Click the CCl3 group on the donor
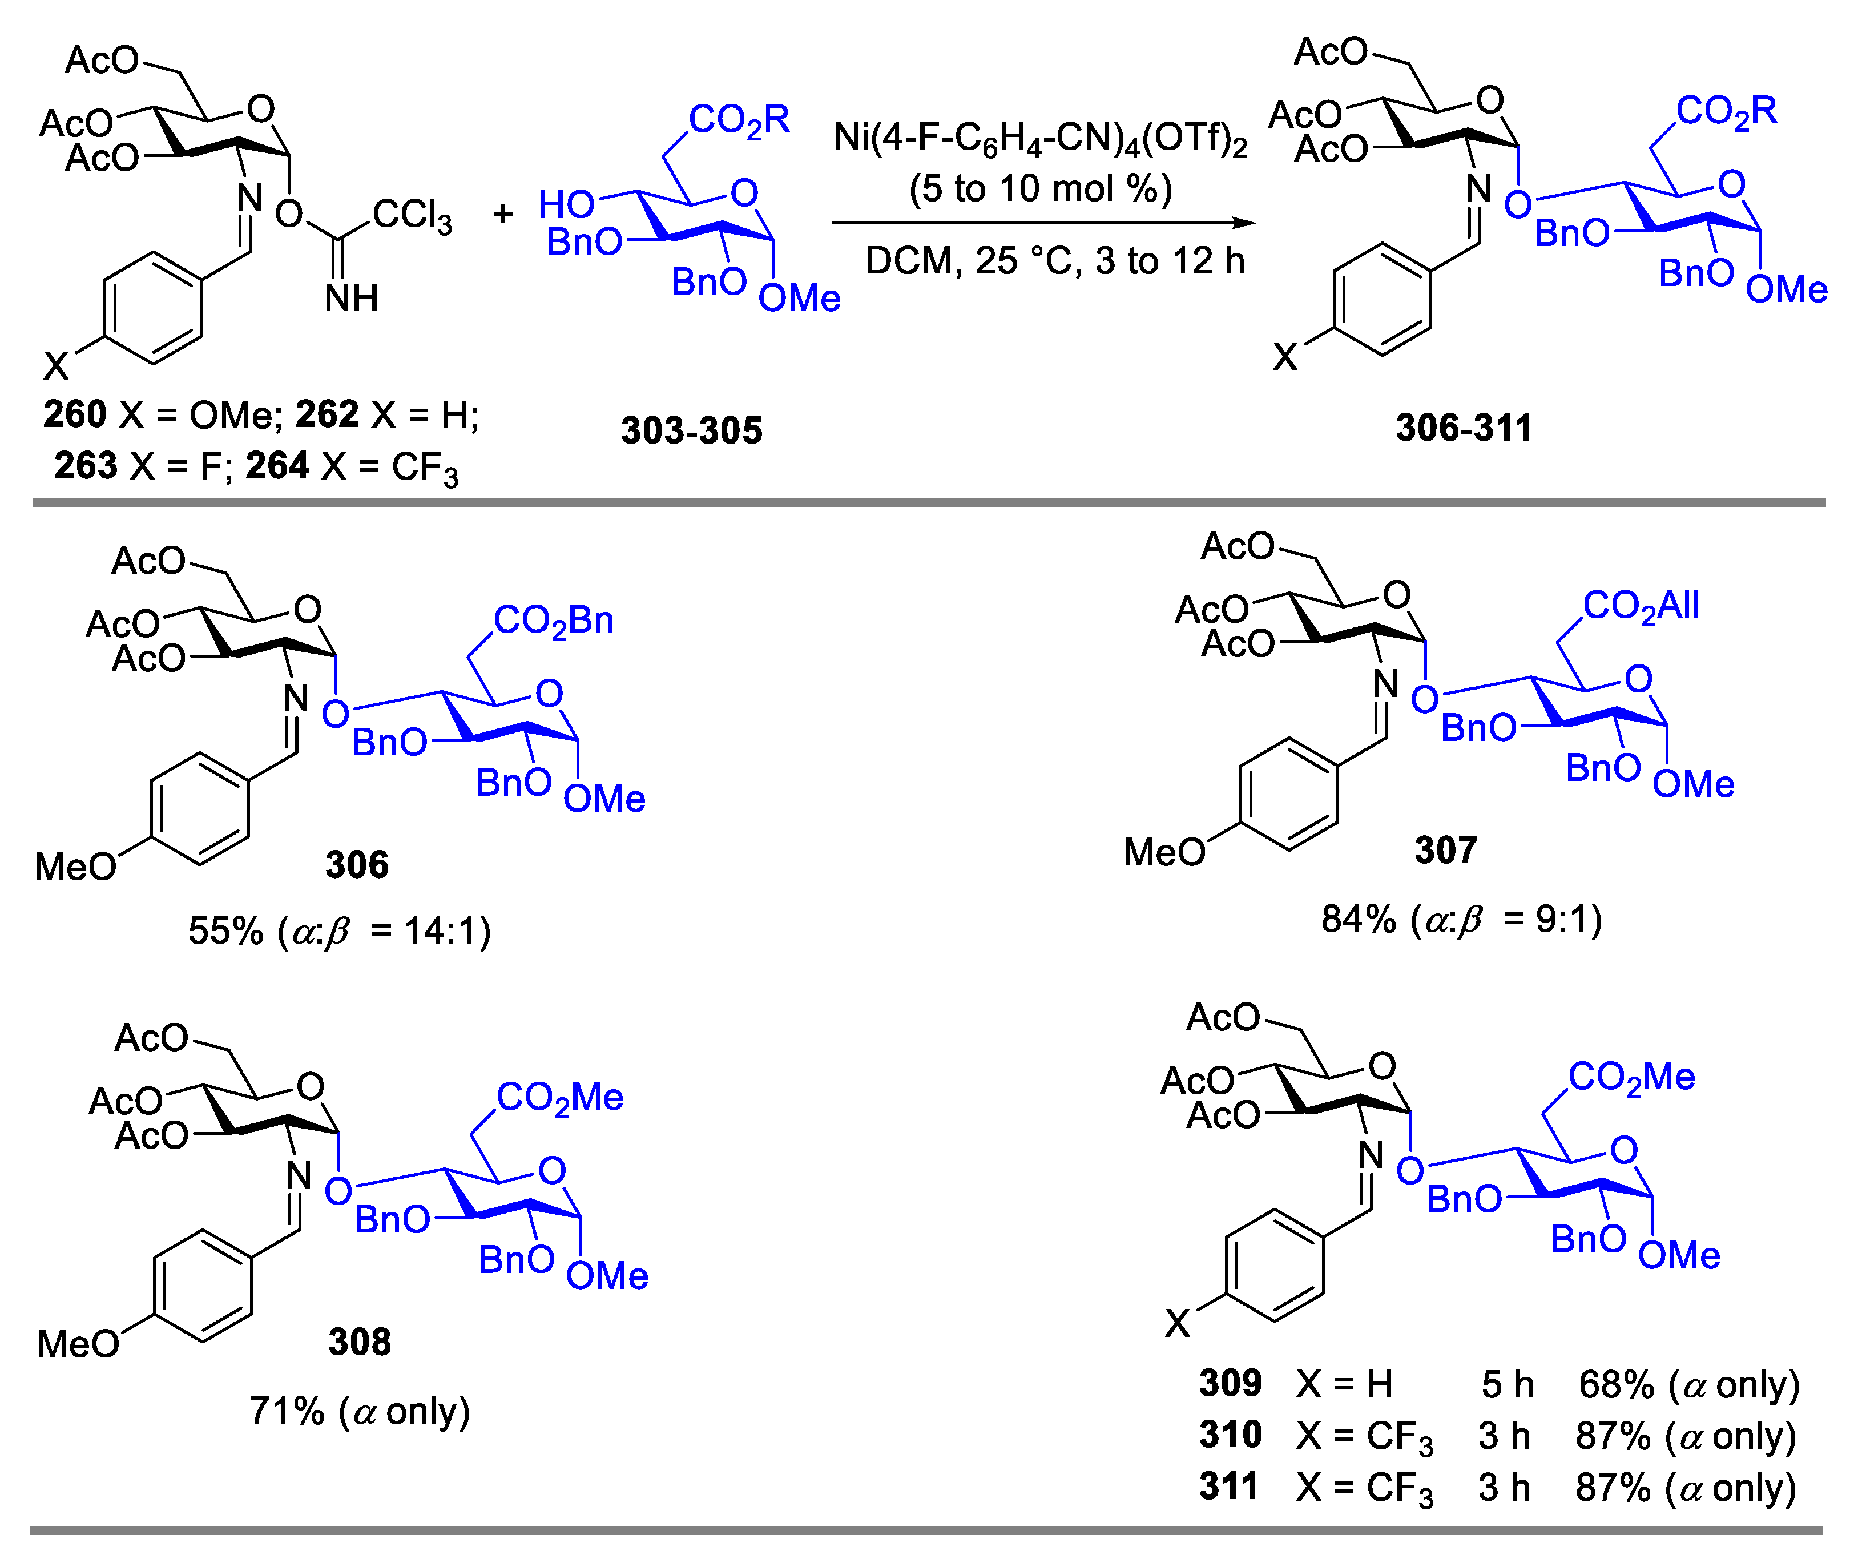click(x=412, y=215)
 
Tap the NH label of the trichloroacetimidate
click(x=351, y=299)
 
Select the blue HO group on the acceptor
click(x=566, y=206)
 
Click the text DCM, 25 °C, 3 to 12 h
click(x=1054, y=261)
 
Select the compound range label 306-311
click(x=1464, y=429)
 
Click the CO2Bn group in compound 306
click(x=553, y=621)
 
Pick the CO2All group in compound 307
click(x=1640, y=607)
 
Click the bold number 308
click(x=359, y=1343)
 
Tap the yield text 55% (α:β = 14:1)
click(x=339, y=931)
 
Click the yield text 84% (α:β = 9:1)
click(x=1461, y=920)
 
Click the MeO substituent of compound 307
click(x=1163, y=852)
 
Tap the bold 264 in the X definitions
click(x=277, y=466)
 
